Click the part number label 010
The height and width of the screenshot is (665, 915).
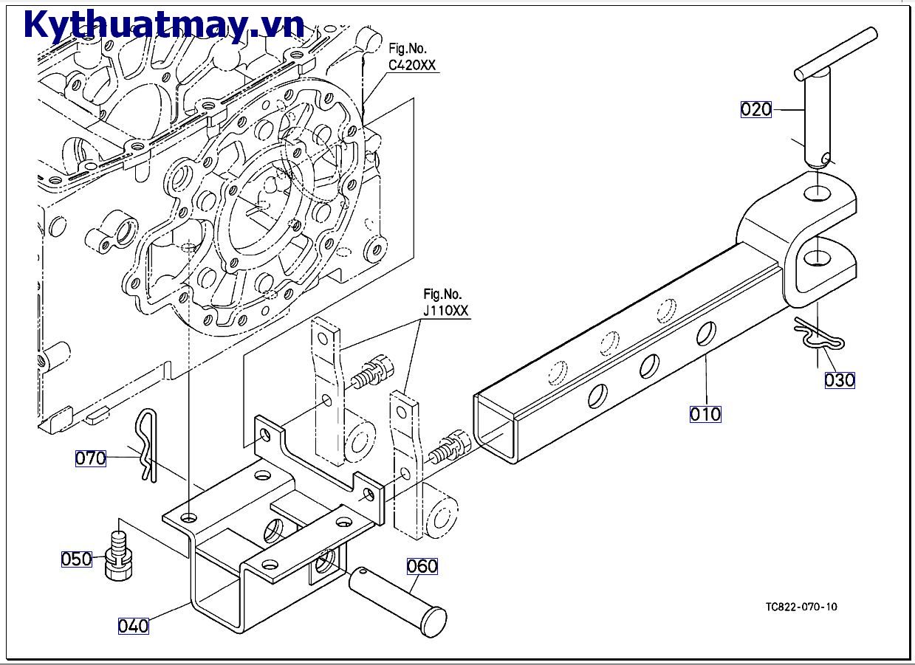(705, 414)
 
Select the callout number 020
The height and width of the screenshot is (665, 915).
(755, 110)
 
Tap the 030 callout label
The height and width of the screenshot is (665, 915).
(839, 380)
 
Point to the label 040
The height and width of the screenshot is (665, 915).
(133, 626)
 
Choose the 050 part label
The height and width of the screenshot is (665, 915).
(76, 559)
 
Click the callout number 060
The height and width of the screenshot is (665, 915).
(422, 566)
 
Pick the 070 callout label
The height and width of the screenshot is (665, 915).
(90, 458)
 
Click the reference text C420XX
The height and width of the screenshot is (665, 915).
(412, 65)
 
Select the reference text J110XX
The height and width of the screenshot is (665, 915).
(446, 311)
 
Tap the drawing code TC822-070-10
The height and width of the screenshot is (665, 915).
(801, 607)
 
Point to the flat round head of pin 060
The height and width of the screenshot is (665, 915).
(432, 622)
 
